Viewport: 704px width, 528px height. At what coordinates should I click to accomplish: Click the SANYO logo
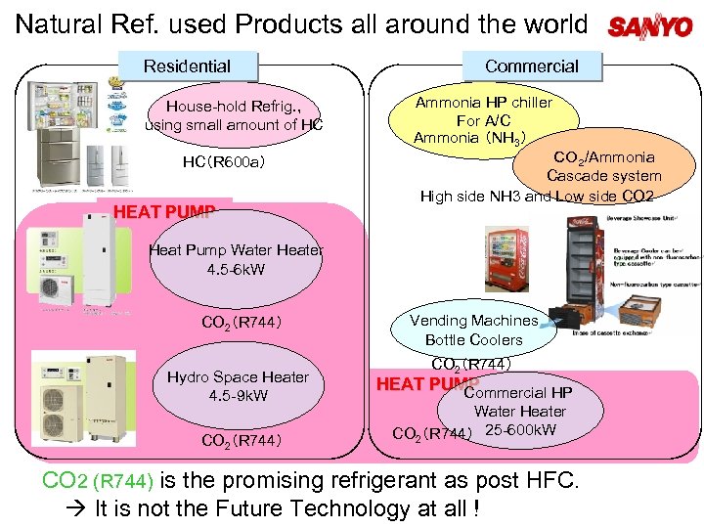click(x=649, y=26)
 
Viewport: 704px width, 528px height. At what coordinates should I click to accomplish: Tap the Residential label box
click(x=187, y=66)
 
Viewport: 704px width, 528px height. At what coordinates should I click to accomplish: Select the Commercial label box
click(x=531, y=66)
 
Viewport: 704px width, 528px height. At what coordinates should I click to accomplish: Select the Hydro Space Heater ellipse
click(x=238, y=386)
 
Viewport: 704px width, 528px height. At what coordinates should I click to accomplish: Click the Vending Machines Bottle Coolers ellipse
click(x=473, y=330)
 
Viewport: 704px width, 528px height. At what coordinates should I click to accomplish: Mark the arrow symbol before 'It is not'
click(x=79, y=509)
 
